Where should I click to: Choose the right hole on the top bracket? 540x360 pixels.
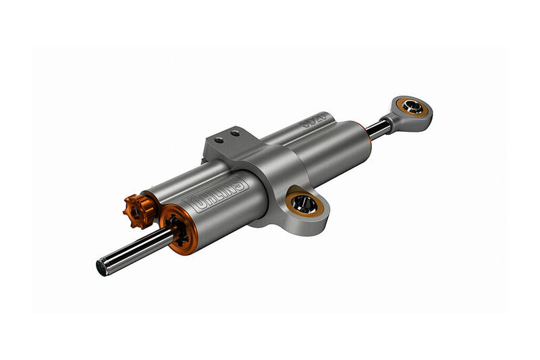(x=235, y=134)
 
